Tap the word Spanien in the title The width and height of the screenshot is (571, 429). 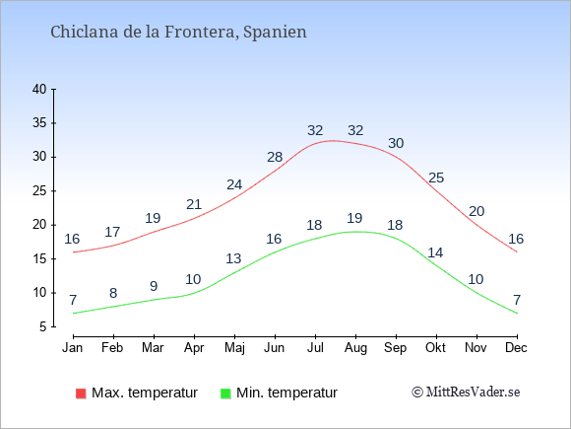pos(275,33)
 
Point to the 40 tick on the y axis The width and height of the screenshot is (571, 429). pos(39,89)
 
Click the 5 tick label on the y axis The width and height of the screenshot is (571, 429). pos(43,326)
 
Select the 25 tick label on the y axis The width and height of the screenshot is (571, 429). pos(39,190)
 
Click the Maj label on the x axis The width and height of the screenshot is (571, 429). pos(234,348)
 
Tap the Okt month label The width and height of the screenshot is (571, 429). pos(435,347)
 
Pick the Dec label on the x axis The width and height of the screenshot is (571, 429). pos(516,347)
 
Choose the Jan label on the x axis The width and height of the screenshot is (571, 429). pos(73,347)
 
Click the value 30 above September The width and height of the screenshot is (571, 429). pos(396,143)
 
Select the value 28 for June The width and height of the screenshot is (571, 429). pos(275,157)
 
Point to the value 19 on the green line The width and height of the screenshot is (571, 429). pos(354,218)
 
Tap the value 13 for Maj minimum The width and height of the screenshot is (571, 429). pos(233,258)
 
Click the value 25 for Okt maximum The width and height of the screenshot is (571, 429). pos(436,178)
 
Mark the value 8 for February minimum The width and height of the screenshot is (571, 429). pos(113,293)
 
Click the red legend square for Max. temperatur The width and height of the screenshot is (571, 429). pos(81,393)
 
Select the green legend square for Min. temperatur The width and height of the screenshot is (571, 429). pos(225,393)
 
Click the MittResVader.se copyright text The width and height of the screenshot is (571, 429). pos(466,393)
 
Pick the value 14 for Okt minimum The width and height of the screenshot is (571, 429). pos(435,252)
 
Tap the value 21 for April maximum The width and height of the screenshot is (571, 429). pos(194,204)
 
